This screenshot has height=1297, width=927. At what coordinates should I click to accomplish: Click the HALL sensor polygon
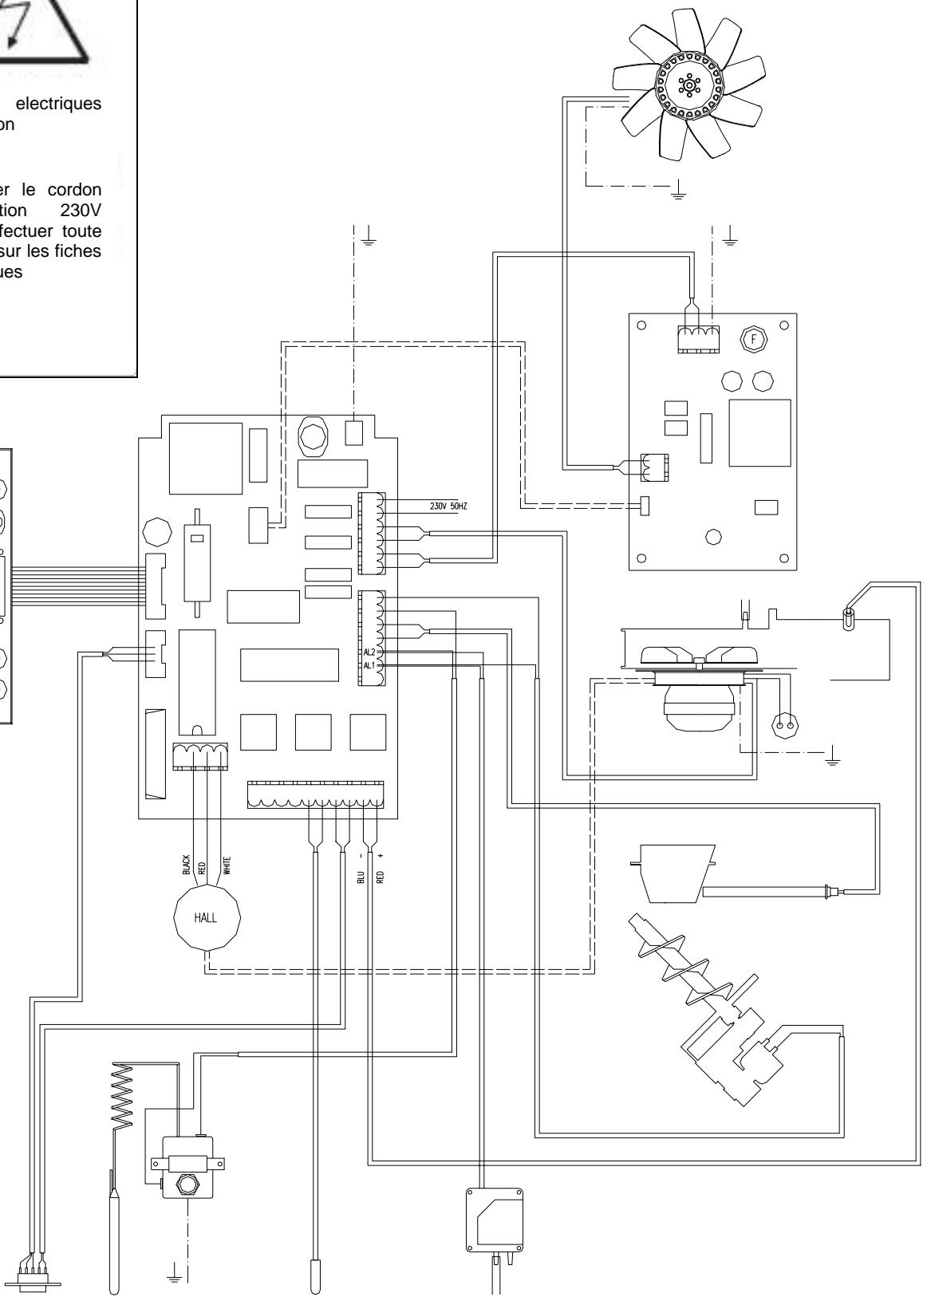(x=207, y=917)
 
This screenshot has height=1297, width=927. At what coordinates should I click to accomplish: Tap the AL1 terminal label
(x=368, y=665)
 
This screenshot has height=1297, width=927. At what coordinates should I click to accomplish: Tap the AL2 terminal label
(x=368, y=652)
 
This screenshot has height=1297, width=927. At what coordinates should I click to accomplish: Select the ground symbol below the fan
(x=679, y=192)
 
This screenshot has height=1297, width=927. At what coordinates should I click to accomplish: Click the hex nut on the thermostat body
(x=187, y=1185)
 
